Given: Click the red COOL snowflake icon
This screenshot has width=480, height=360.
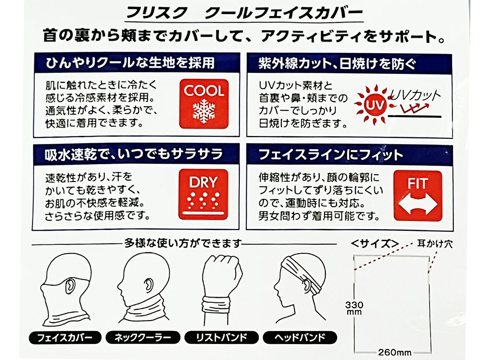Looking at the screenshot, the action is pyautogui.click(x=204, y=104).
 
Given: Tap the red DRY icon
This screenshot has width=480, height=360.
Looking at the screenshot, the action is pyautogui.click(x=203, y=194).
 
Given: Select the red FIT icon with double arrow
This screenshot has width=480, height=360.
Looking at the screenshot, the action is pyautogui.click(x=418, y=196).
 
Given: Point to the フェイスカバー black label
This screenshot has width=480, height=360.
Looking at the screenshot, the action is pyautogui.click(x=65, y=338).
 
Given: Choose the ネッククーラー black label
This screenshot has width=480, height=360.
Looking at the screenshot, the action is pyautogui.click(x=143, y=338).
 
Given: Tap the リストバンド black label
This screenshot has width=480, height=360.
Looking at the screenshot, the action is pyautogui.click(x=222, y=338).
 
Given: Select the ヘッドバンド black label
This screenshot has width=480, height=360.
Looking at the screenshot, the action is pyautogui.click(x=300, y=338).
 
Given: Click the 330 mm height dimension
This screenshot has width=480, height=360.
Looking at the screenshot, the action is pyautogui.click(x=354, y=308).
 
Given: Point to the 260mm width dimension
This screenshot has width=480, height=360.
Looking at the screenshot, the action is pyautogui.click(x=394, y=352).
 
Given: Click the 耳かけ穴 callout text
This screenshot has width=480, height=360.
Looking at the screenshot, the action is pyautogui.click(x=435, y=244).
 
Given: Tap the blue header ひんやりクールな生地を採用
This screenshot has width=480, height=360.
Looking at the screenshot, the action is pyautogui.click(x=130, y=63).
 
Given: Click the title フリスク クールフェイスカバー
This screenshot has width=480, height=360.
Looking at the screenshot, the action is pyautogui.click(x=244, y=13).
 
